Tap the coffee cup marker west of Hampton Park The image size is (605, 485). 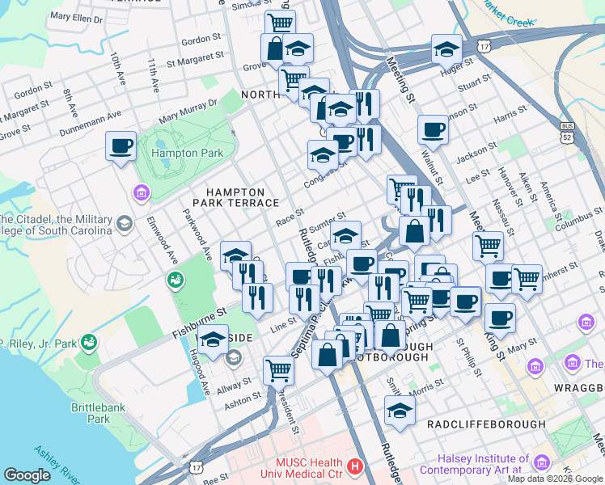[x=121, y=146]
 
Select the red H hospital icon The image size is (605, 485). [x=354, y=466]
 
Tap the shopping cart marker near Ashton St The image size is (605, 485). [x=278, y=370]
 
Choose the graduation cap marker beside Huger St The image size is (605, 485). [x=446, y=50]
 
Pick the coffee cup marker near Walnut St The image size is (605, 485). [x=433, y=130]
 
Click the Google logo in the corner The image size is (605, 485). [x=27, y=474]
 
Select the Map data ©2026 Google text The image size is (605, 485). [x=555, y=479]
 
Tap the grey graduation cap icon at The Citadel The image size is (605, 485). [x=125, y=222]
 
